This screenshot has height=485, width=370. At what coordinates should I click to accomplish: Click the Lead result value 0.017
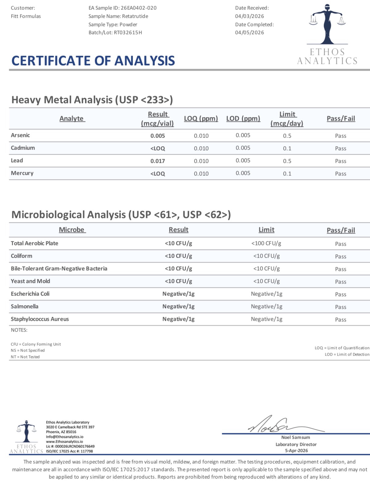coord(158,161)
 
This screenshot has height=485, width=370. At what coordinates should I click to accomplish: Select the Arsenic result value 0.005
coord(158,136)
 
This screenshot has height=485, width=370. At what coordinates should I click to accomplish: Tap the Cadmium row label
coord(23,148)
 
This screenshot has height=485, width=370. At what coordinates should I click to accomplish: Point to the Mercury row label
coord(22,173)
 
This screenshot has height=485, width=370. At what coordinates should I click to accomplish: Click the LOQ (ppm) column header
coord(201,119)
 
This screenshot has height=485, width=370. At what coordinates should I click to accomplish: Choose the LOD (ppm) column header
coord(243,119)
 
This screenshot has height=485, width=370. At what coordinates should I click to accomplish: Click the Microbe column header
coord(72,230)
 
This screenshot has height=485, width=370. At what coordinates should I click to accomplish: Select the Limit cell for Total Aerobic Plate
coord(266,243)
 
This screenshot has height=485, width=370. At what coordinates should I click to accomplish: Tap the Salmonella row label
coord(25,306)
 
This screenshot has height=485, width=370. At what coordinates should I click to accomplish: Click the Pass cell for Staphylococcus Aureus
coord(340,320)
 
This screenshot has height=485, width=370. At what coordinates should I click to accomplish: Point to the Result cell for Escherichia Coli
coord(178,294)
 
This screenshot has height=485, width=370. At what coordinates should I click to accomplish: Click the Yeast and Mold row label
coord(30,281)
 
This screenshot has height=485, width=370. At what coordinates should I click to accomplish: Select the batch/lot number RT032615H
coord(128,33)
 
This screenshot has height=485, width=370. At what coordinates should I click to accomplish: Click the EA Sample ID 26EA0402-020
coord(138,8)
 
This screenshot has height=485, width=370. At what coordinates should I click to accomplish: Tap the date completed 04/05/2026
coord(249,33)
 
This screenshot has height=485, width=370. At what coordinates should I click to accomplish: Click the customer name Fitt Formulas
coord(26,16)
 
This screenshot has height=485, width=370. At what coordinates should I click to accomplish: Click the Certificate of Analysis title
coord(93,61)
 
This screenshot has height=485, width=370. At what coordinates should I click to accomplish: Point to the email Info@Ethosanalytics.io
coord(65,437)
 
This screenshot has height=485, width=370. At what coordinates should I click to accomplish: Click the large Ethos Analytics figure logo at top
coord(327,25)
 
